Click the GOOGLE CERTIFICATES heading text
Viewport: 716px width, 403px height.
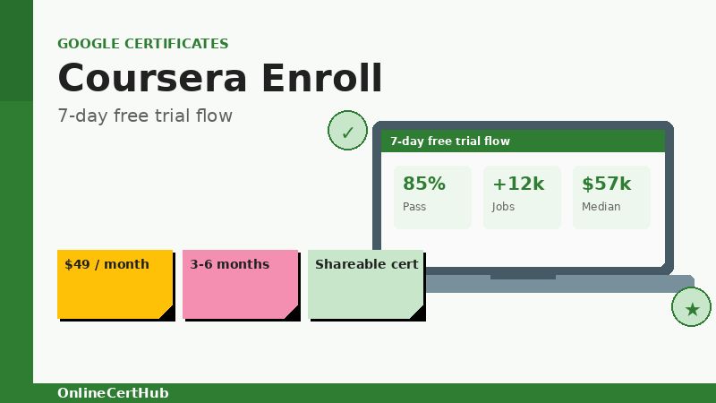142,43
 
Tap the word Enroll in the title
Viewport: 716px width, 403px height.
321,78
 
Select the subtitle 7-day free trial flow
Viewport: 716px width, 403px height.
144,116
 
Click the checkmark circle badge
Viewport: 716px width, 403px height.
347,132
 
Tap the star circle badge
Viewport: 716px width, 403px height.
691,308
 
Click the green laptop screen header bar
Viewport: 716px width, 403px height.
524,141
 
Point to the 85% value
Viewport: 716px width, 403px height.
423,184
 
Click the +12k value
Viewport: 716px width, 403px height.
517,184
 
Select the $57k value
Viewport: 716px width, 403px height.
606,184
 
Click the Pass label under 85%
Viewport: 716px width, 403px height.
413,206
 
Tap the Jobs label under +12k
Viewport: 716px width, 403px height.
503,206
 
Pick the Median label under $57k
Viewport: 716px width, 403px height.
601,206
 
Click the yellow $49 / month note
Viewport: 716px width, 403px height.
115,284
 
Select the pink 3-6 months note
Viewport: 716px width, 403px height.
240,284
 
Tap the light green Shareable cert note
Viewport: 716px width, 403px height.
365,284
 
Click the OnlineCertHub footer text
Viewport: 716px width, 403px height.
113,392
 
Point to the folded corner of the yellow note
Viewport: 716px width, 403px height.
167,313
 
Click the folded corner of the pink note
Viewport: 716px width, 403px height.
293,313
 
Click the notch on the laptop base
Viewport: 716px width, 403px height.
523,278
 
